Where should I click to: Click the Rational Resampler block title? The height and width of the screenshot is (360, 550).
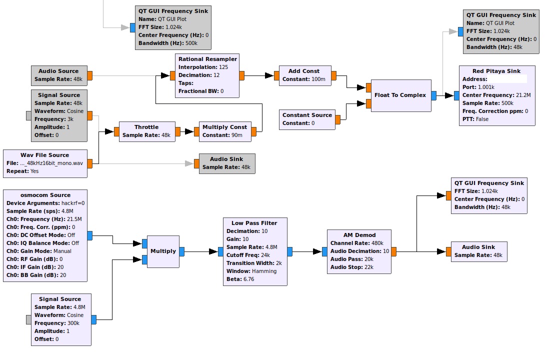point(207,59)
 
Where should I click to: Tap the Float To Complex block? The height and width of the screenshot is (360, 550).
point(401,95)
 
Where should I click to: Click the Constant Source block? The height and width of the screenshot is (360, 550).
point(307,119)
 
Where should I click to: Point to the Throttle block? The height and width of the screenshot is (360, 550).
point(147,131)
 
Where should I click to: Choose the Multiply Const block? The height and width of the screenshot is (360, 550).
point(225,131)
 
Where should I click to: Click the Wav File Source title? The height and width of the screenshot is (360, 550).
point(45,155)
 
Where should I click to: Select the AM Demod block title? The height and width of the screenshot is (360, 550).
point(359,235)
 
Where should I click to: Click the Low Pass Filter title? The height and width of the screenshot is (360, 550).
point(254,223)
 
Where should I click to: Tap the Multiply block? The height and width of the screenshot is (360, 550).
point(163,251)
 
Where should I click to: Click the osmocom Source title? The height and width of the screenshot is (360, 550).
point(45,195)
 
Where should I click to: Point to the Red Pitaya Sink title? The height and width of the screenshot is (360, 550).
point(496,71)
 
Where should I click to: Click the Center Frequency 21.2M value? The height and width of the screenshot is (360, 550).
point(523,95)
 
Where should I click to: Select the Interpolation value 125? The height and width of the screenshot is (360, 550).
point(223,67)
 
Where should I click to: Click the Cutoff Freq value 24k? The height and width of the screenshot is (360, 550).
point(265,255)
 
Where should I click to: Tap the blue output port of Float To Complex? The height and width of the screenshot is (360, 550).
point(434,95)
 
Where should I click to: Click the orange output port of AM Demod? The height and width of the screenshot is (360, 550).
point(394,251)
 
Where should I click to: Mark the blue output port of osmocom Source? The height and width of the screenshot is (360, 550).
point(90,236)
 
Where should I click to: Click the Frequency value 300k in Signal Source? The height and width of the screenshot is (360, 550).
point(73,323)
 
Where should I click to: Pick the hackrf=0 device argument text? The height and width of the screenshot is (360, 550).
point(73,203)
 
